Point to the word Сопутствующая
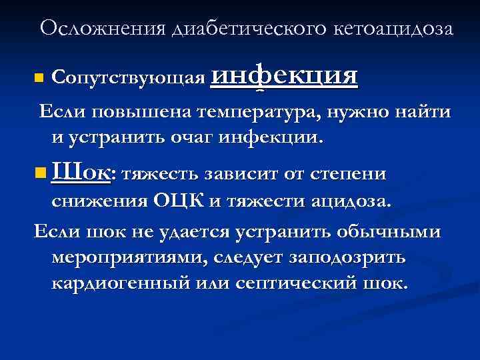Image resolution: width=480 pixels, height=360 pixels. [127, 78]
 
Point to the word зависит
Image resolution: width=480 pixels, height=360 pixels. [239, 175]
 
